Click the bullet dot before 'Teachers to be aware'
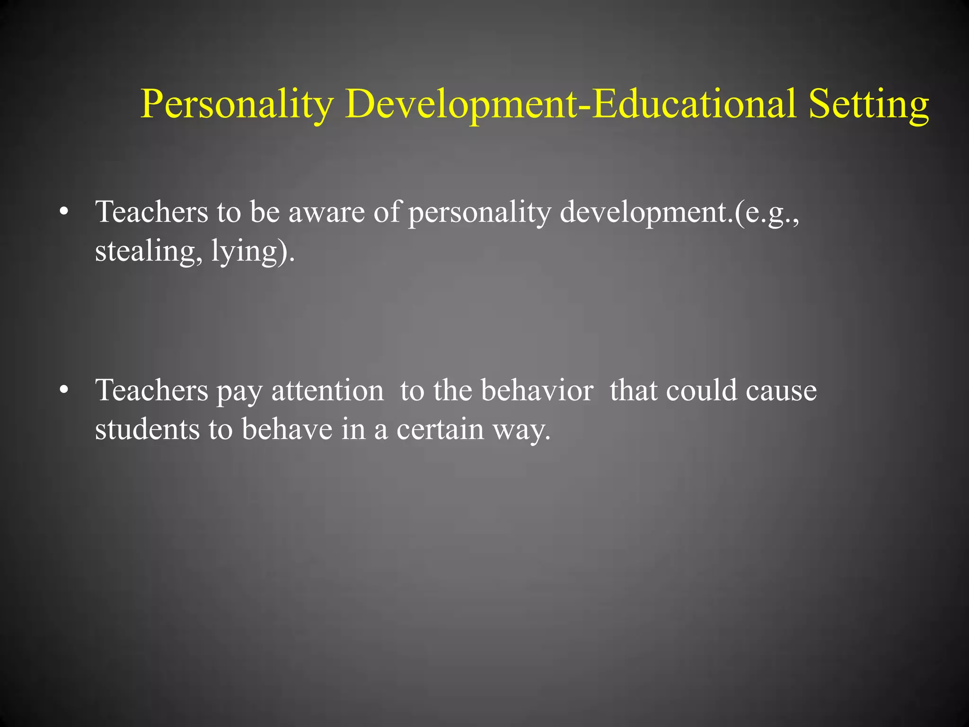tap(64, 212)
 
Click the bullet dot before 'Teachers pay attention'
tap(64, 390)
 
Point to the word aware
tap(326, 212)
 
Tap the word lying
tap(244, 252)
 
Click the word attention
tap(327, 391)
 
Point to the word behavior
tap(537, 390)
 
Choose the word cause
tap(781, 391)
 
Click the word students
tap(147, 429)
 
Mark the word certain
tap(440, 429)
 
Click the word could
tap(701, 390)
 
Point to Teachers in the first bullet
tap(152, 212)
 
